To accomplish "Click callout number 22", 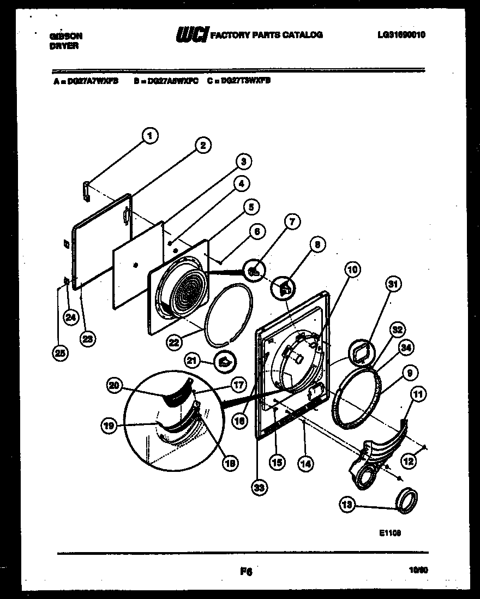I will (174, 342).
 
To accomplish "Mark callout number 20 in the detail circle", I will (113, 385).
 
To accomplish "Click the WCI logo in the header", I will (190, 35).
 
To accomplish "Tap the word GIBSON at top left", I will (66, 36).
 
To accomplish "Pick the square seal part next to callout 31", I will (362, 353).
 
